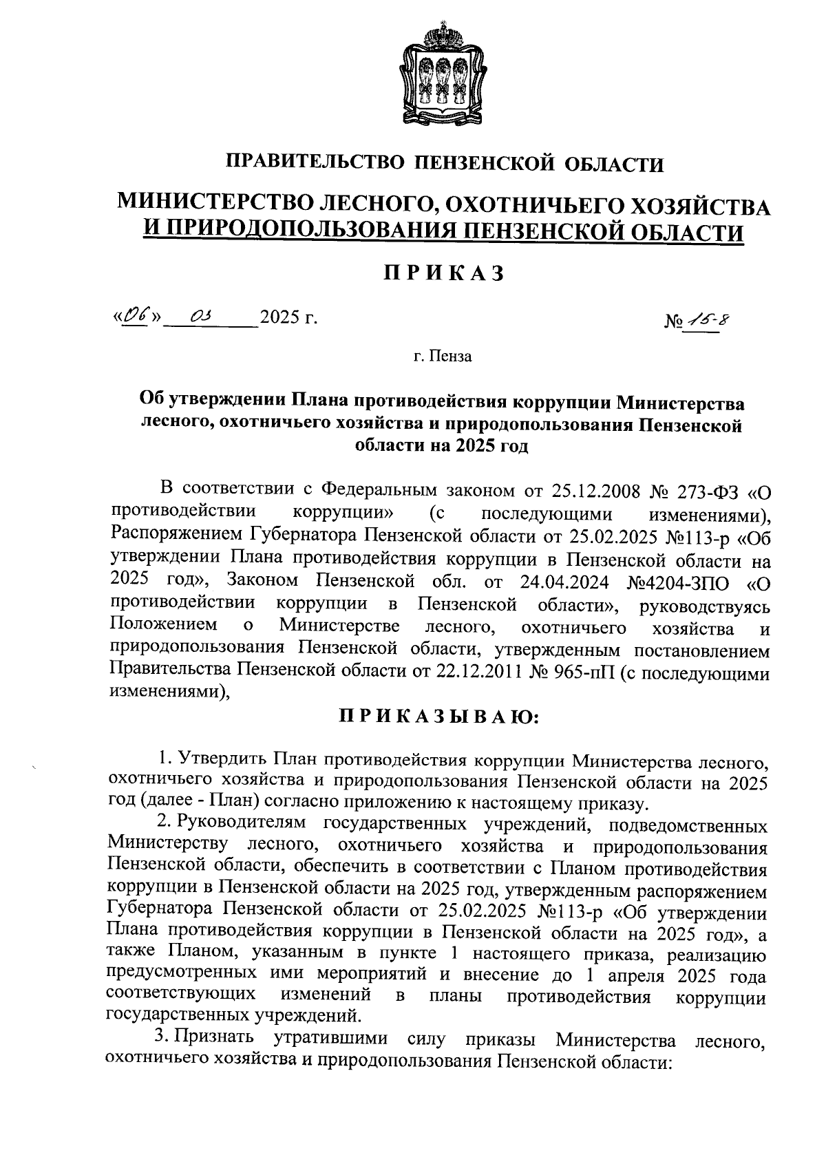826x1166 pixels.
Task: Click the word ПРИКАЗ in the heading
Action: (443, 273)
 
